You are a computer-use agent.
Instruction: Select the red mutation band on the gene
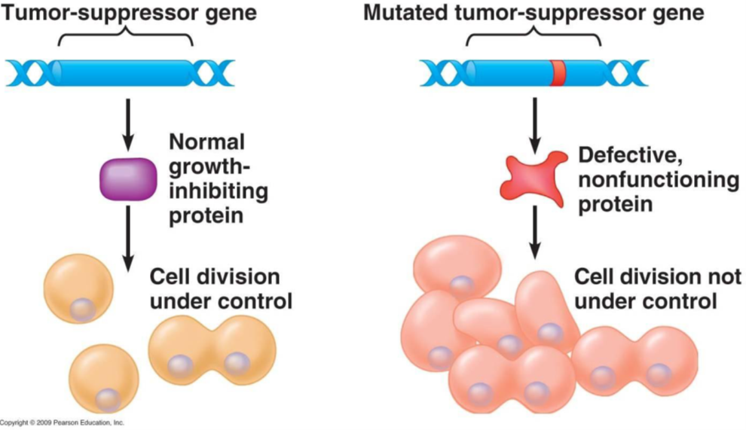pyautogui.click(x=558, y=73)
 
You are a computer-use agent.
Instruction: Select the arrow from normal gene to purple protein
pyautogui.click(x=127, y=124)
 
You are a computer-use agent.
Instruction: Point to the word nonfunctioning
pyautogui.click(x=658, y=181)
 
